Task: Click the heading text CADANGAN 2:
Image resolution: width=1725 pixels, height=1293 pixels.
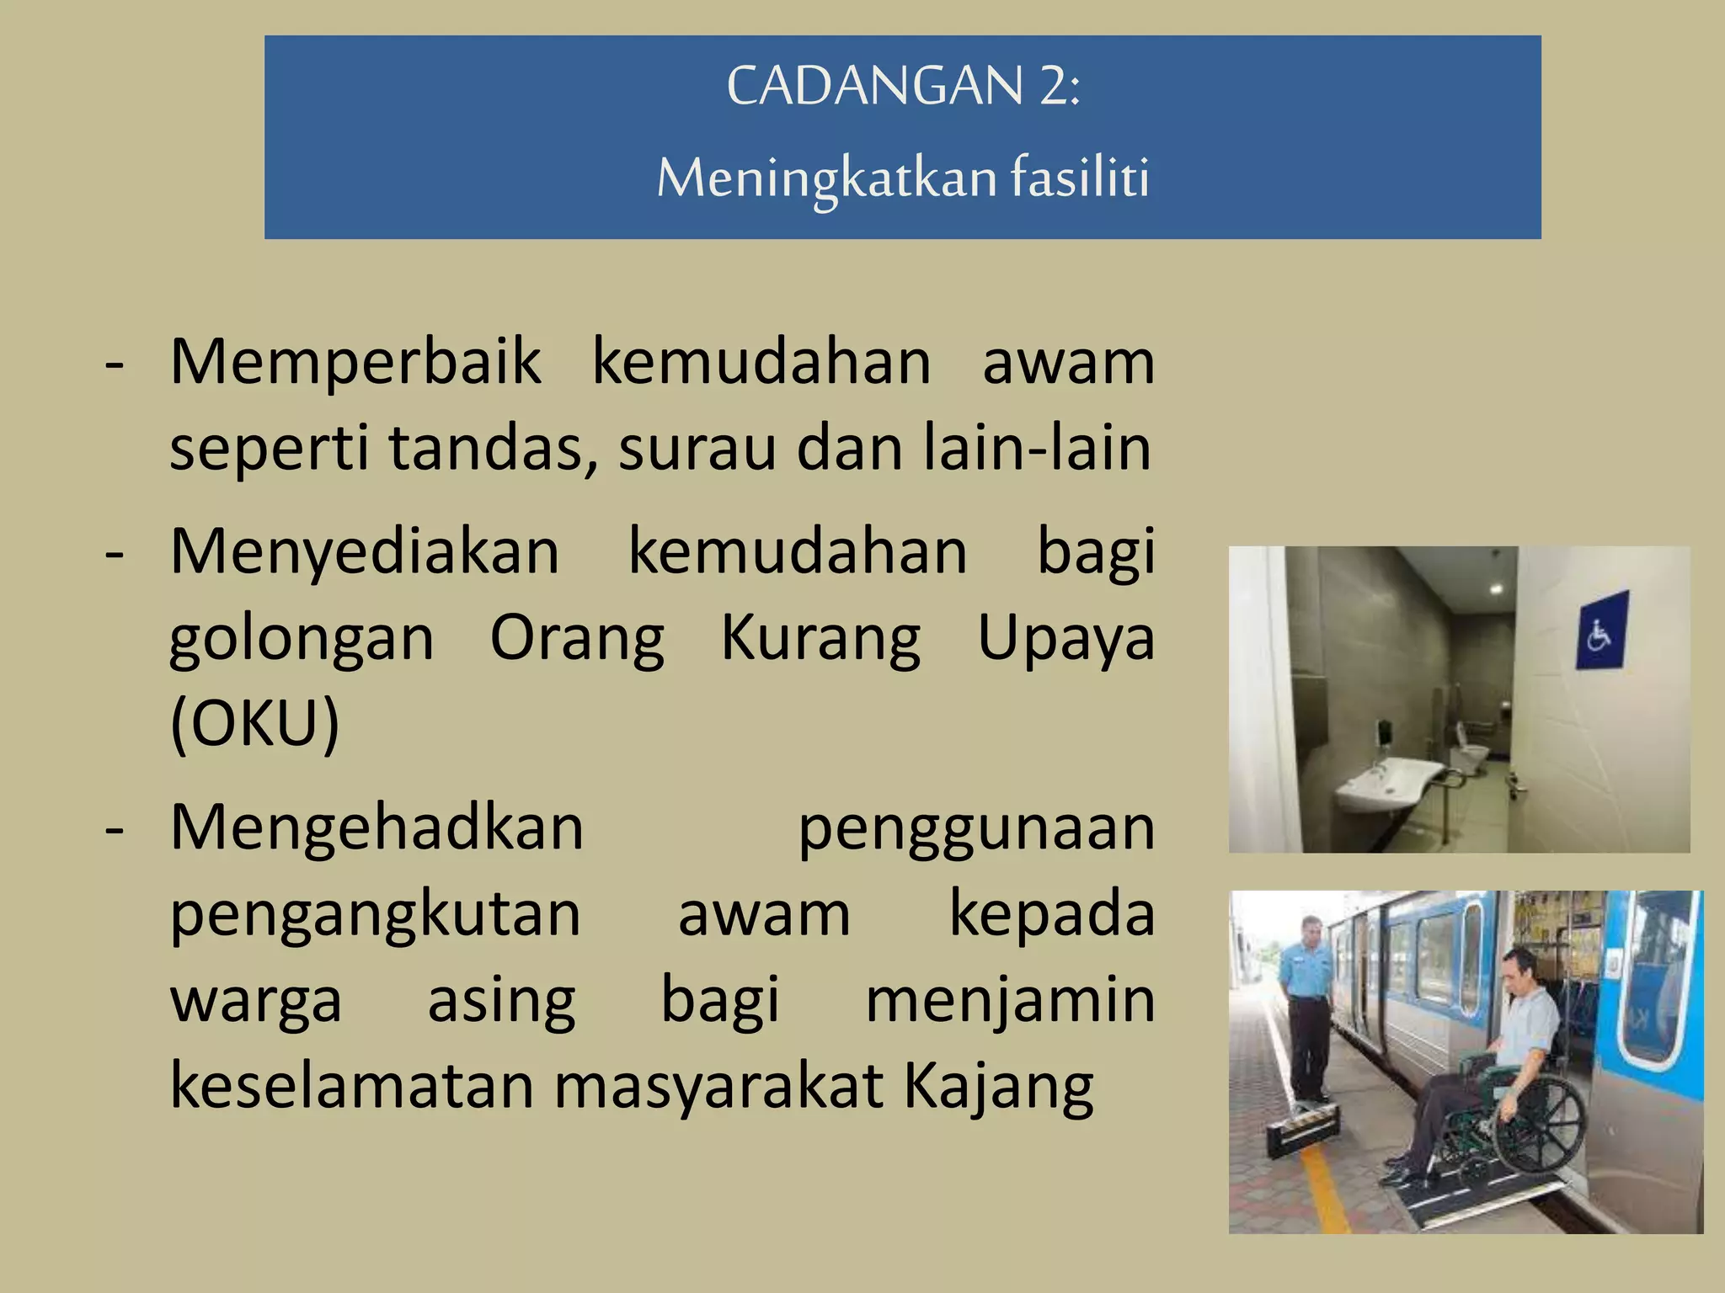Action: click(x=903, y=86)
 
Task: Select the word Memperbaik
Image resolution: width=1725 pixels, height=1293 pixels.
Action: click(x=355, y=362)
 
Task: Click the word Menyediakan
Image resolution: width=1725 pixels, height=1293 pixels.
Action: click(x=365, y=552)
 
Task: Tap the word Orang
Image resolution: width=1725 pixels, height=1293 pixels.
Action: click(x=577, y=638)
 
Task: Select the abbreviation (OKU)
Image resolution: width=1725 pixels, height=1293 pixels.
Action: click(x=254, y=722)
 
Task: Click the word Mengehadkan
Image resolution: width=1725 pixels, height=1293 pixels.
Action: click(x=377, y=827)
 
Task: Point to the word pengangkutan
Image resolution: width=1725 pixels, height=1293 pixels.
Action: click(x=375, y=914)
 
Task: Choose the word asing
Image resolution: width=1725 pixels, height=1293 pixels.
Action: click(x=501, y=1000)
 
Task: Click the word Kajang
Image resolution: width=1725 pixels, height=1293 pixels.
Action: click(x=998, y=1087)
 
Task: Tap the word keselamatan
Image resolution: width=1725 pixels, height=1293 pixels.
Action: click(x=351, y=1086)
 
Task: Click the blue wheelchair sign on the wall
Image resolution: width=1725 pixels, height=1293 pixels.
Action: click(x=1601, y=631)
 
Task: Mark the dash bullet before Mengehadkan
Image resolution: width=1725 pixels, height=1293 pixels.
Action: click(x=115, y=829)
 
